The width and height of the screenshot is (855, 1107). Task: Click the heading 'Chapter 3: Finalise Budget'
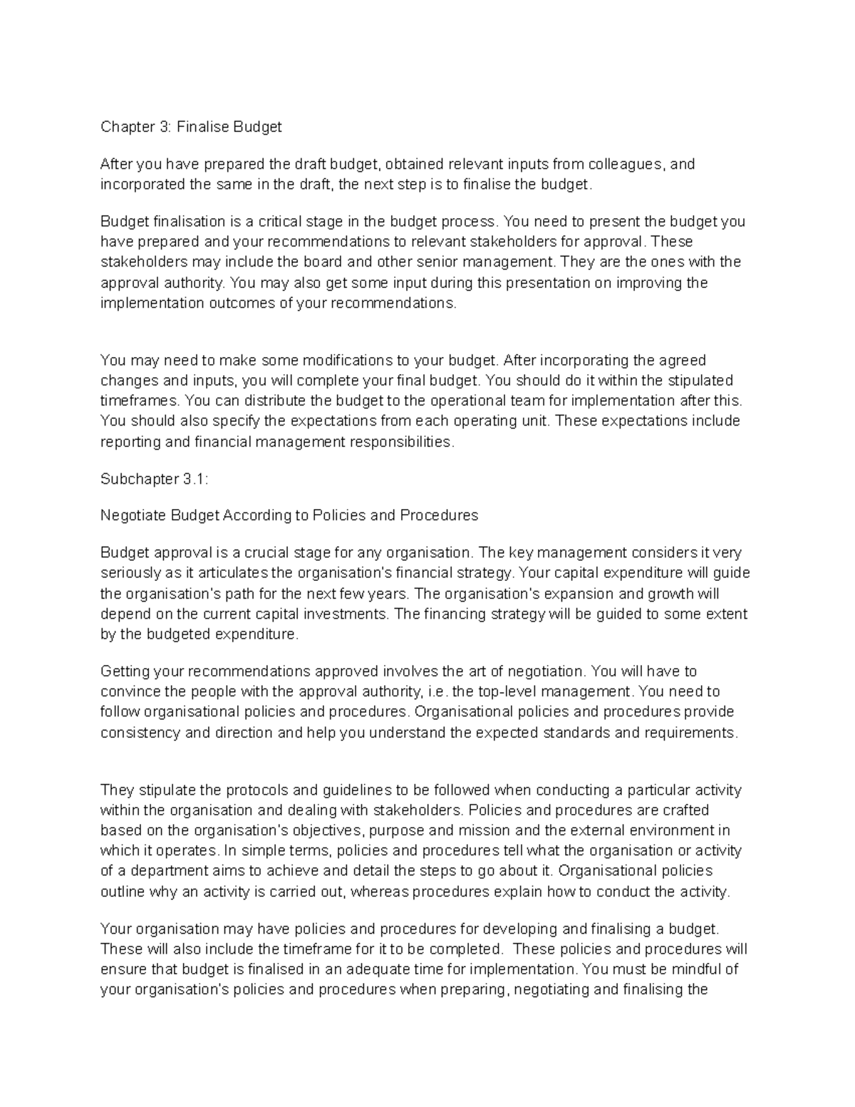(191, 127)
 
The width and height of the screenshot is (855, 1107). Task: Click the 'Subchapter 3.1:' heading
(155, 480)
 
